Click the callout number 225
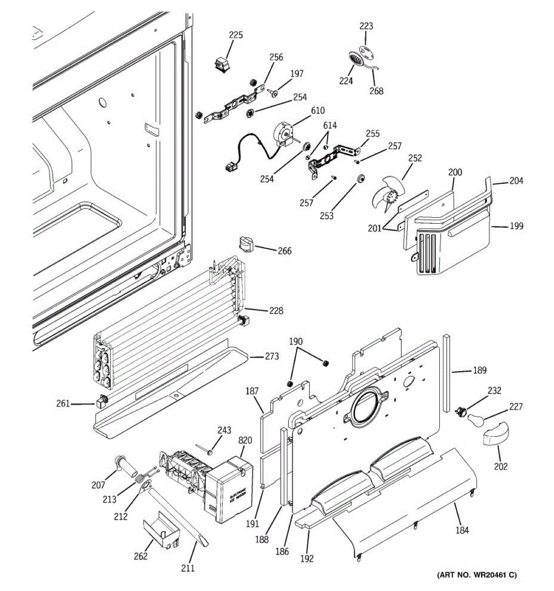tap(236, 35)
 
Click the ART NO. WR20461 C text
tap(477, 575)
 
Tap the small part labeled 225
tap(221, 65)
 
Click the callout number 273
tap(271, 356)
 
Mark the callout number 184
tap(462, 530)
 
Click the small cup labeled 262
tap(161, 531)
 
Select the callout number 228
tap(276, 311)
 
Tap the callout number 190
tap(295, 341)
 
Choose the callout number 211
tap(188, 568)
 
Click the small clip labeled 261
tap(101, 403)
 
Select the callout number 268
tap(376, 91)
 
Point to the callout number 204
tap(516, 181)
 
